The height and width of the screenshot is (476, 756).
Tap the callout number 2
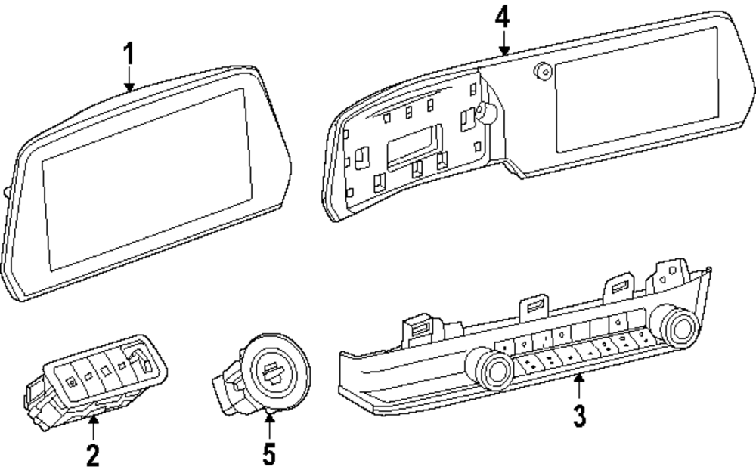93,456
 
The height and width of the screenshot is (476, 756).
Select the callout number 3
580,416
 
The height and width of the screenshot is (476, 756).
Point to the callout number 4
503,17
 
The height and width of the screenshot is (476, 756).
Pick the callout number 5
269,454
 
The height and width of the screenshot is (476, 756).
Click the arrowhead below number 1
129,87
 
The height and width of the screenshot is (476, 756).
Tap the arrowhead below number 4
503,50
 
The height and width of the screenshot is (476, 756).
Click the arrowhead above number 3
579,379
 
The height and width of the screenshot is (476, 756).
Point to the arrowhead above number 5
270,417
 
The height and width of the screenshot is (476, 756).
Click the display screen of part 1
147,179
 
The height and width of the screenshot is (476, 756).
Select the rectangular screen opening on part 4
637,90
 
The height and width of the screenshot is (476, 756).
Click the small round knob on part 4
543,72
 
